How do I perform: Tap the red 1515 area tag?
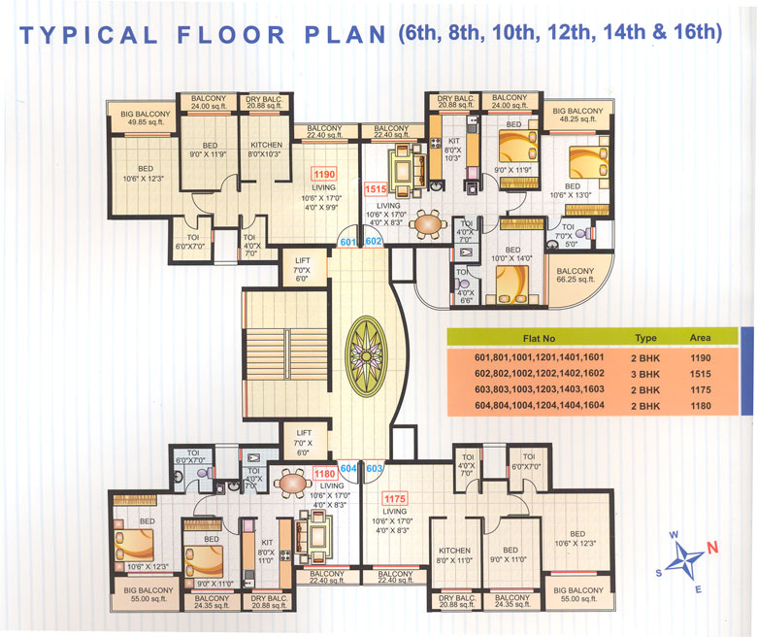[375, 190]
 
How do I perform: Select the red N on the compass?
[712, 546]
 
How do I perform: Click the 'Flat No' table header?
[539, 338]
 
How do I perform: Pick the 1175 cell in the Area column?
[699, 389]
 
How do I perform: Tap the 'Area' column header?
[699, 338]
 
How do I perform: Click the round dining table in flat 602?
[425, 224]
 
